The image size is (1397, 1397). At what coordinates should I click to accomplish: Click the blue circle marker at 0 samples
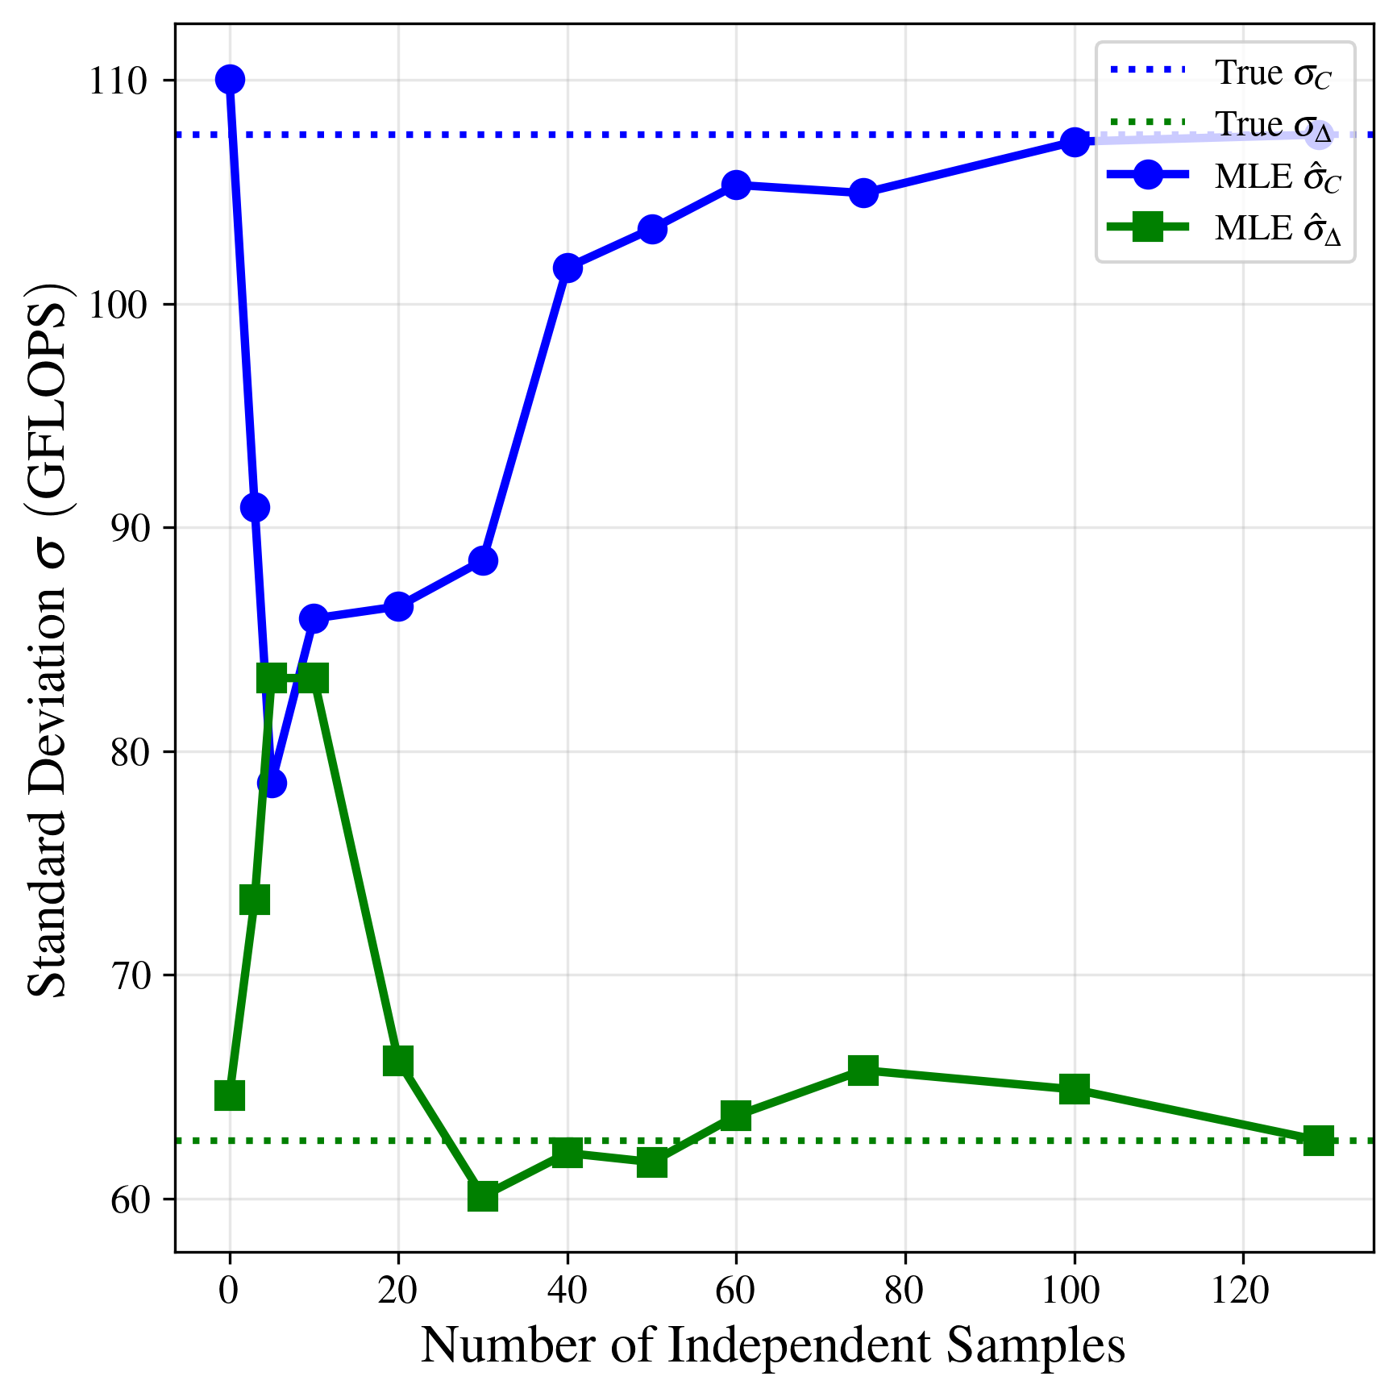[230, 80]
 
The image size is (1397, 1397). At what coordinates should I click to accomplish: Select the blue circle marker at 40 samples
[568, 268]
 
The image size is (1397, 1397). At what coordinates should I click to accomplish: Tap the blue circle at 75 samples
[863, 193]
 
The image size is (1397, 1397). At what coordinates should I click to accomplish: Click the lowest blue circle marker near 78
[272, 783]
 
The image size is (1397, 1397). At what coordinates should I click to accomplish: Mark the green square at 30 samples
[483, 1197]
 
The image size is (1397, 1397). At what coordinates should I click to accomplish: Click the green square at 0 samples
[230, 1096]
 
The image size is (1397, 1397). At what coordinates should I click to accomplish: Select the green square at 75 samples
[863, 1071]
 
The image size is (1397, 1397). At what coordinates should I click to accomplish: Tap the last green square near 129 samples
[1319, 1141]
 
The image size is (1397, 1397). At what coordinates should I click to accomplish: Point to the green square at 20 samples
[398, 1062]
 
